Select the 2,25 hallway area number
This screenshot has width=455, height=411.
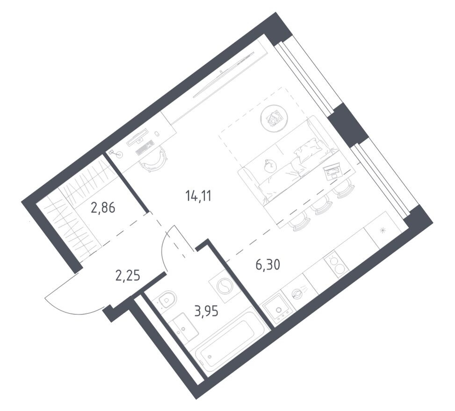[x=128, y=276]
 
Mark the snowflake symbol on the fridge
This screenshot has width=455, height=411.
[x=383, y=229]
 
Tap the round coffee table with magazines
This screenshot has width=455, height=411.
[x=274, y=118]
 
